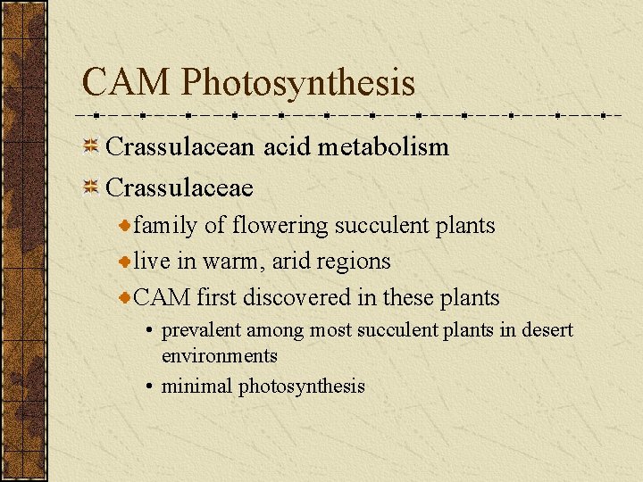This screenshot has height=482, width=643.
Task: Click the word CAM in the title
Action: tap(126, 82)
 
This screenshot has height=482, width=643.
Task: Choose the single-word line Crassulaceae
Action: tap(180, 187)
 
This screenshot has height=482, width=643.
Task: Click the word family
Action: tap(166, 226)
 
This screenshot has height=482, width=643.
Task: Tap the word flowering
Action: tap(280, 226)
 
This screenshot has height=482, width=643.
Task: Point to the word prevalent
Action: tap(201, 330)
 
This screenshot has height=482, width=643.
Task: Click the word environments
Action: tap(220, 355)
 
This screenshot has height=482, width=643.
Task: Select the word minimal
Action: tap(196, 386)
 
